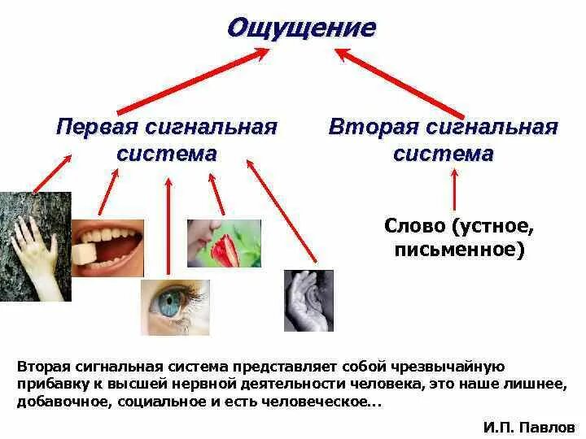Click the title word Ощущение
(x=301, y=28)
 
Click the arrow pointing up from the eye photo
(x=168, y=228)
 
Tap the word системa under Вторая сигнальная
(x=443, y=154)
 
